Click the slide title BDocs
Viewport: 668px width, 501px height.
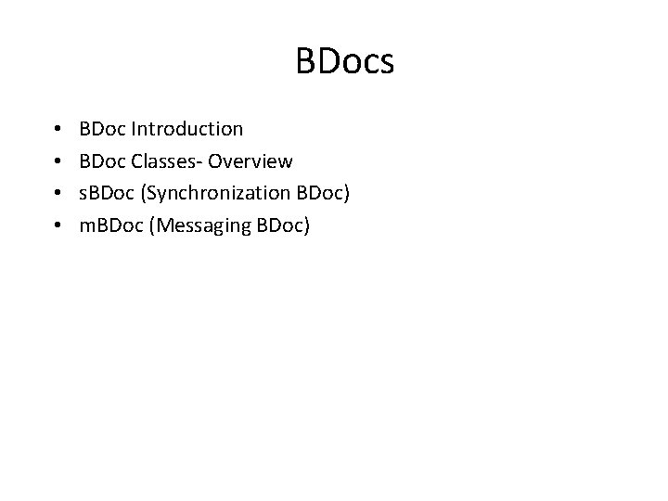point(345,62)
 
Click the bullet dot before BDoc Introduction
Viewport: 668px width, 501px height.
point(58,129)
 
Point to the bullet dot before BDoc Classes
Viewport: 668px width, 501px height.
point(58,162)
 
